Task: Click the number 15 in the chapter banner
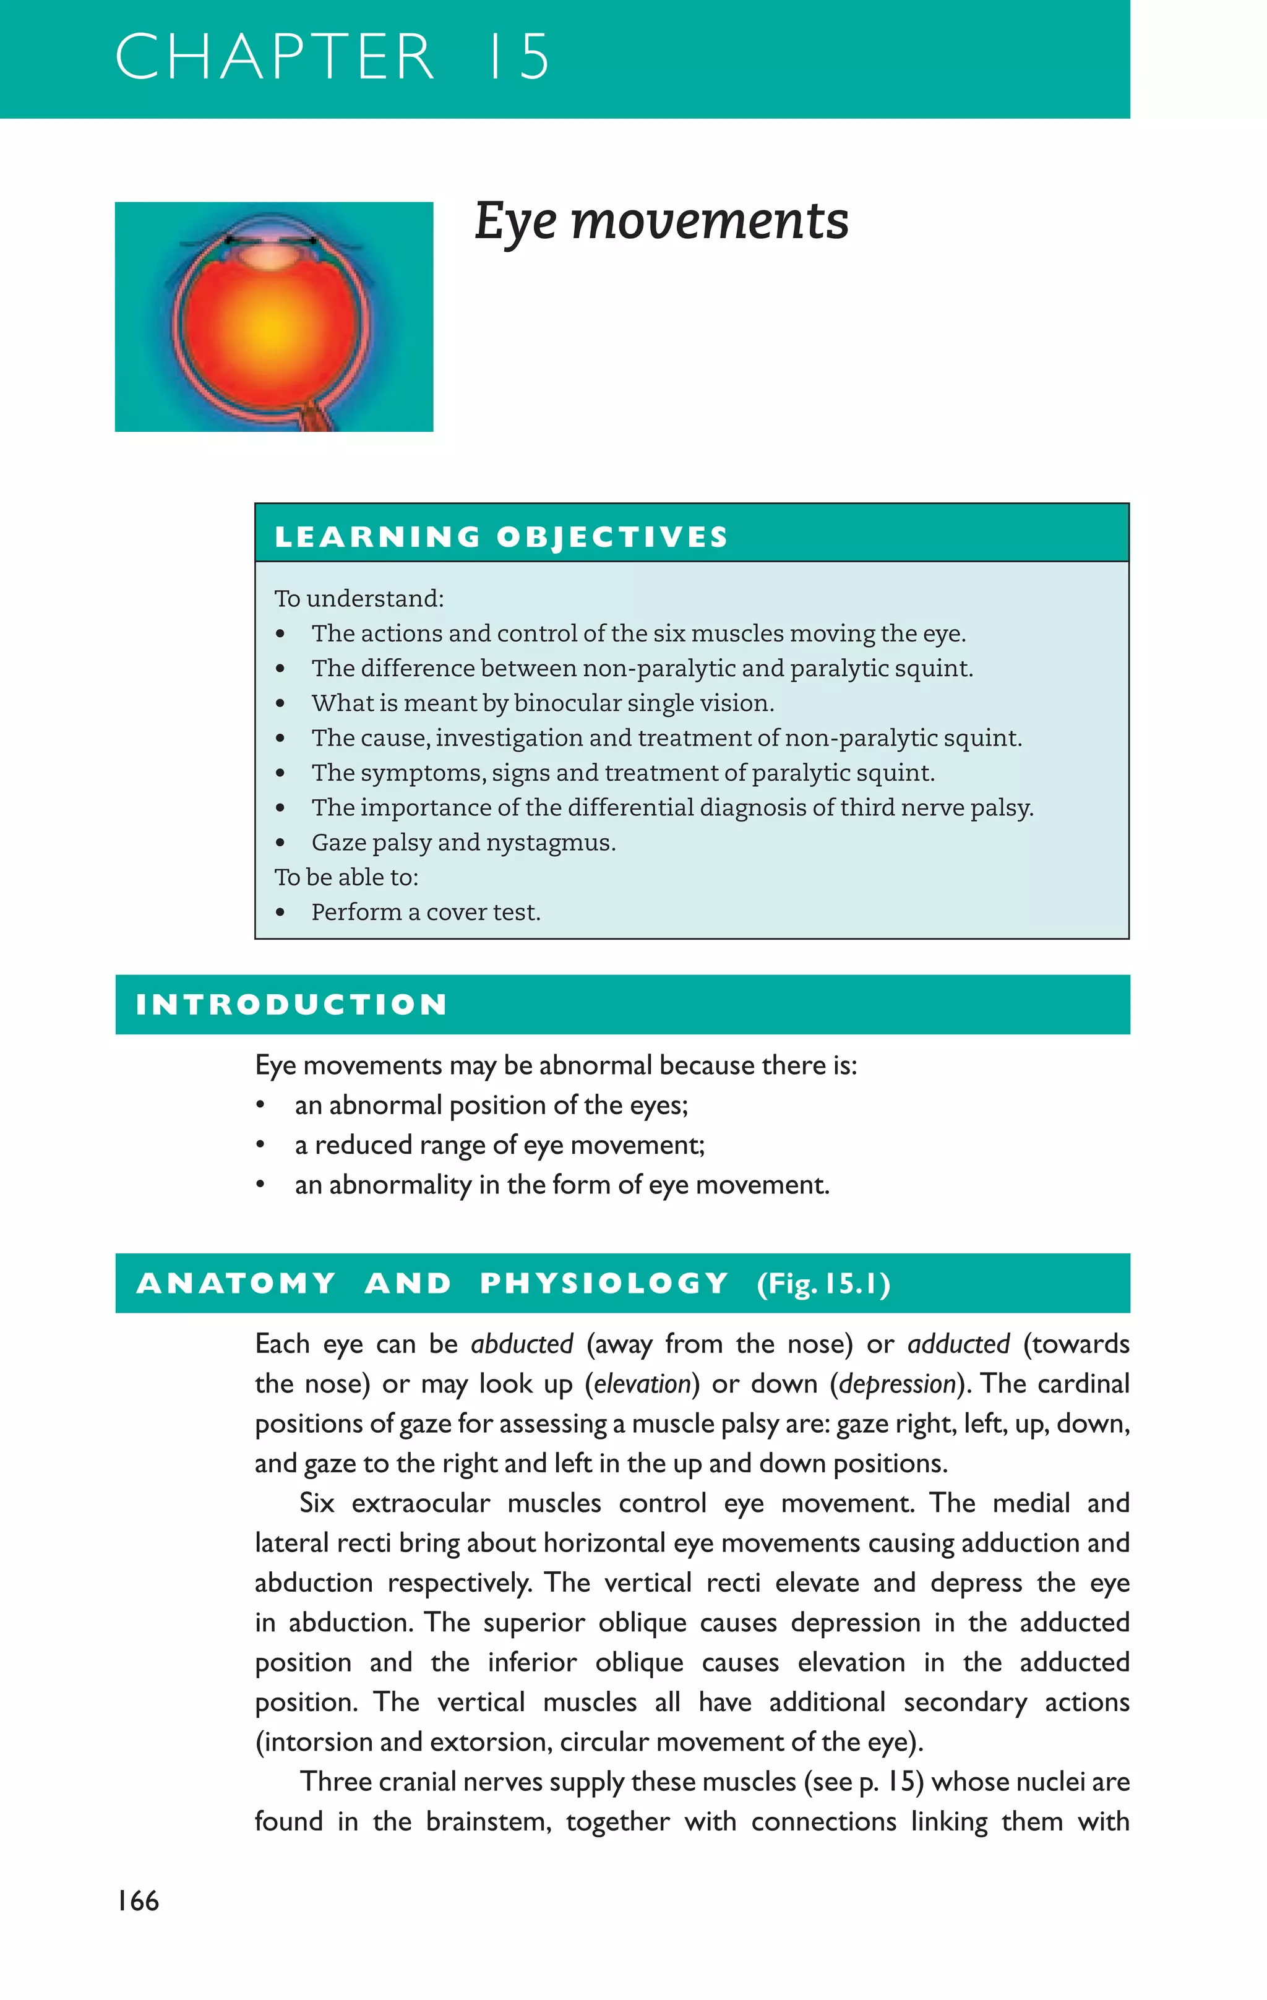518,58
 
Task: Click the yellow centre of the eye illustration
272,327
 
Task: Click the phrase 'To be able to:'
346,877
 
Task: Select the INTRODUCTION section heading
291,1004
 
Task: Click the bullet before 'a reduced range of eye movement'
261,1145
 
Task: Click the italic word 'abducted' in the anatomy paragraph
522,1344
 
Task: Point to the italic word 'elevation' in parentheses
643,1384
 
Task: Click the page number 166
138,1901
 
